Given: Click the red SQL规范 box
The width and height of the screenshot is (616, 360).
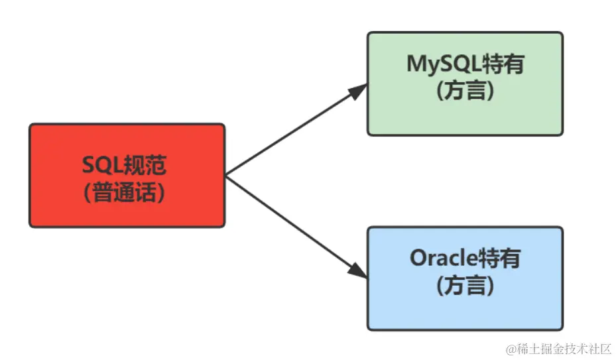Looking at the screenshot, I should point(127,175).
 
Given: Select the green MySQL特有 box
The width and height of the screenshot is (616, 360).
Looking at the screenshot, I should point(465,84).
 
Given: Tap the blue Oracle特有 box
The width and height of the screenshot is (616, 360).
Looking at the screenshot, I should point(465,278).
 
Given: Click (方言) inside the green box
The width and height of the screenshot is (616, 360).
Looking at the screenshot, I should point(465,91).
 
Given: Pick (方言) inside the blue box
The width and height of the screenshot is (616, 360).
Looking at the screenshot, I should point(465,286).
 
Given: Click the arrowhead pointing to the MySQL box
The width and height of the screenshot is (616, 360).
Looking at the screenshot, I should point(358,91).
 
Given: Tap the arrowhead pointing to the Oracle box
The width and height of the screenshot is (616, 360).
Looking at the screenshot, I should point(358,270).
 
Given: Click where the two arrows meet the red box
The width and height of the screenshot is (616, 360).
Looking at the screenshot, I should point(226,175).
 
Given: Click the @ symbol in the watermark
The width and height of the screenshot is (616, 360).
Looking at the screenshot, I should point(509,347).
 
